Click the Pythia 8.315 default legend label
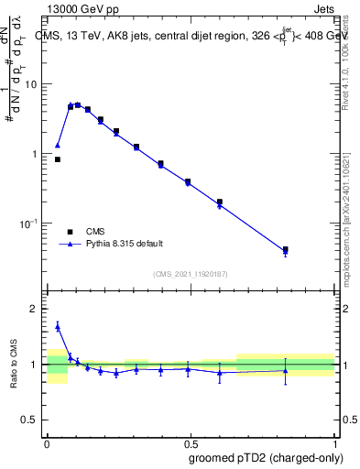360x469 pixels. point(125,244)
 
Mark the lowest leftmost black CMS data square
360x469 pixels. point(58,159)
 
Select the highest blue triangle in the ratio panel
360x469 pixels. point(58,325)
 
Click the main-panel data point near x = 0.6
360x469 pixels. point(220,202)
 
